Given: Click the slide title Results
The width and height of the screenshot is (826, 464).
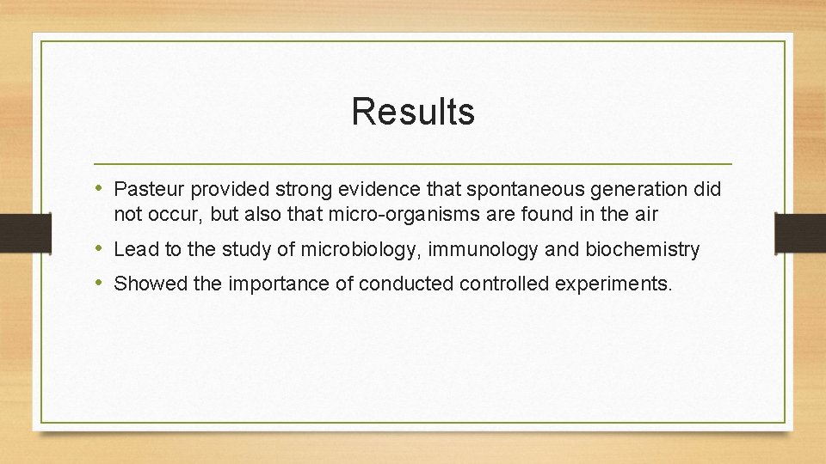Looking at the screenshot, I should click(x=413, y=112).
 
